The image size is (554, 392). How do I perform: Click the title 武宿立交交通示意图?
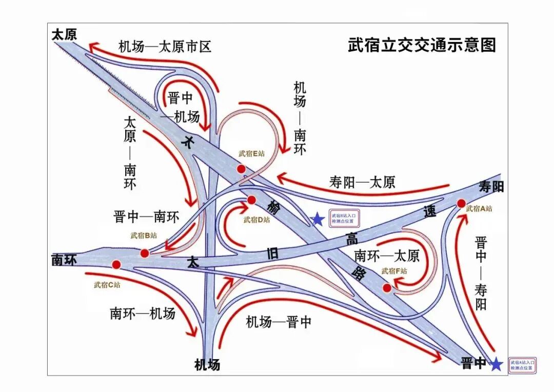click(422, 45)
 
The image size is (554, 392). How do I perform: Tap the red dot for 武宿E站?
click(241, 169)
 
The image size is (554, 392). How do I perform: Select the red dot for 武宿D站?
click(251, 200)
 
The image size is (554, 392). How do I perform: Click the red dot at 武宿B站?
click(145, 253)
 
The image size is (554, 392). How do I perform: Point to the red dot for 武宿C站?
click(116, 265)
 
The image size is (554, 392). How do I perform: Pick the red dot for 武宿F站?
click(387, 288)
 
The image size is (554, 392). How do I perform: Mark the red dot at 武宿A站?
click(461, 204)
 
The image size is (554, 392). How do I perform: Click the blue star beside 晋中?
click(496, 364)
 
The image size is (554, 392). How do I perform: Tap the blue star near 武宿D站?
click(318, 220)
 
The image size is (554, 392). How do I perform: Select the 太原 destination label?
click(64, 34)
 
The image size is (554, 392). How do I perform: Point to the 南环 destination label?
click(64, 260)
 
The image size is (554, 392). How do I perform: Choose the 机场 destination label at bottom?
click(207, 365)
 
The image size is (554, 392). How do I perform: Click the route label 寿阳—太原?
click(362, 182)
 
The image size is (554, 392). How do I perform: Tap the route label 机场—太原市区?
click(165, 47)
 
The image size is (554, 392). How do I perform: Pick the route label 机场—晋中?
click(279, 322)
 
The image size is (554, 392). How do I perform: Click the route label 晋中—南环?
click(146, 217)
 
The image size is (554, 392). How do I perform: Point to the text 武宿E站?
click(251, 153)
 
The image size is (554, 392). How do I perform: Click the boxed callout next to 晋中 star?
click(522, 365)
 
